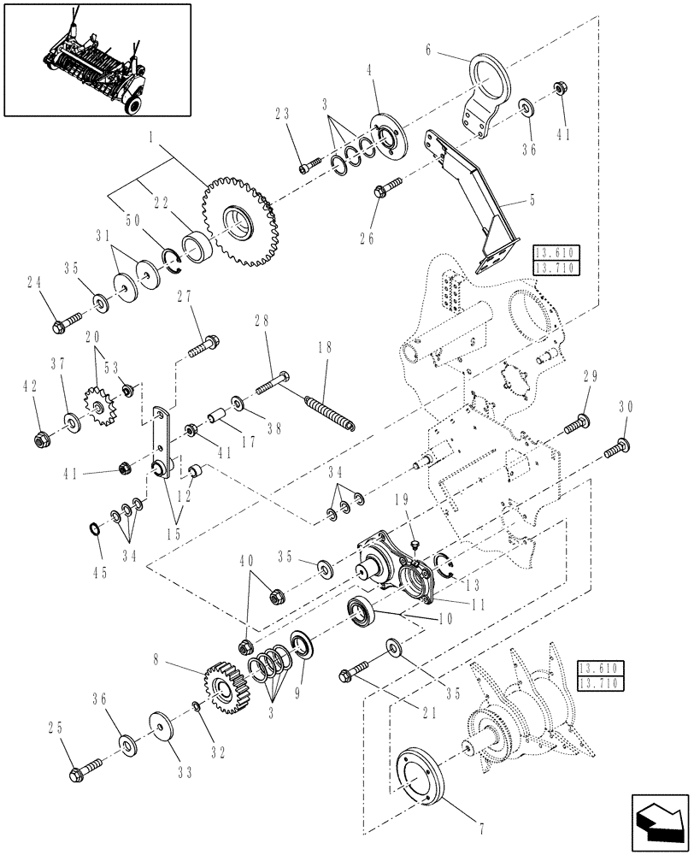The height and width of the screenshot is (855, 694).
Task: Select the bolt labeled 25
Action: (x=84, y=761)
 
